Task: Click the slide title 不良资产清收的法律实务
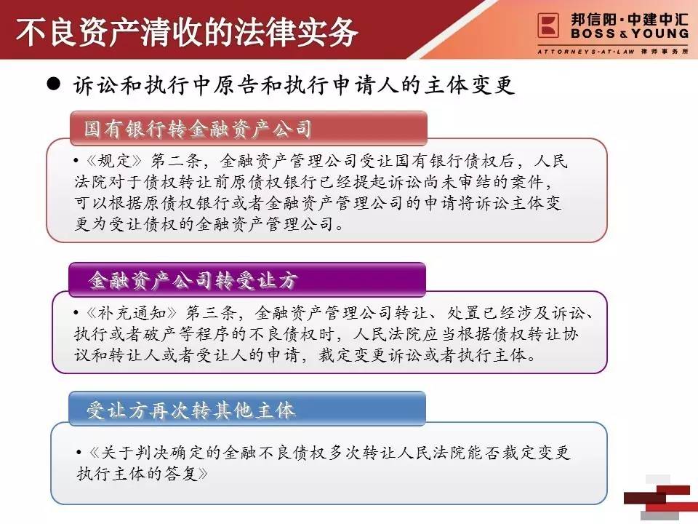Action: [187, 32]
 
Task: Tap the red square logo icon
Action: [548, 25]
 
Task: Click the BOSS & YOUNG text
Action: [630, 33]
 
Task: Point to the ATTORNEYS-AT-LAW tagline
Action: [586, 52]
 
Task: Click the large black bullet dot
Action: [53, 83]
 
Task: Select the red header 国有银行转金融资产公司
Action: [198, 129]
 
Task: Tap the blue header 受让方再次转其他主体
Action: [190, 410]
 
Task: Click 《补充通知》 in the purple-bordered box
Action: [132, 313]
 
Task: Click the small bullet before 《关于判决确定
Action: [79, 453]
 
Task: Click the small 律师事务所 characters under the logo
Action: [665, 52]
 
